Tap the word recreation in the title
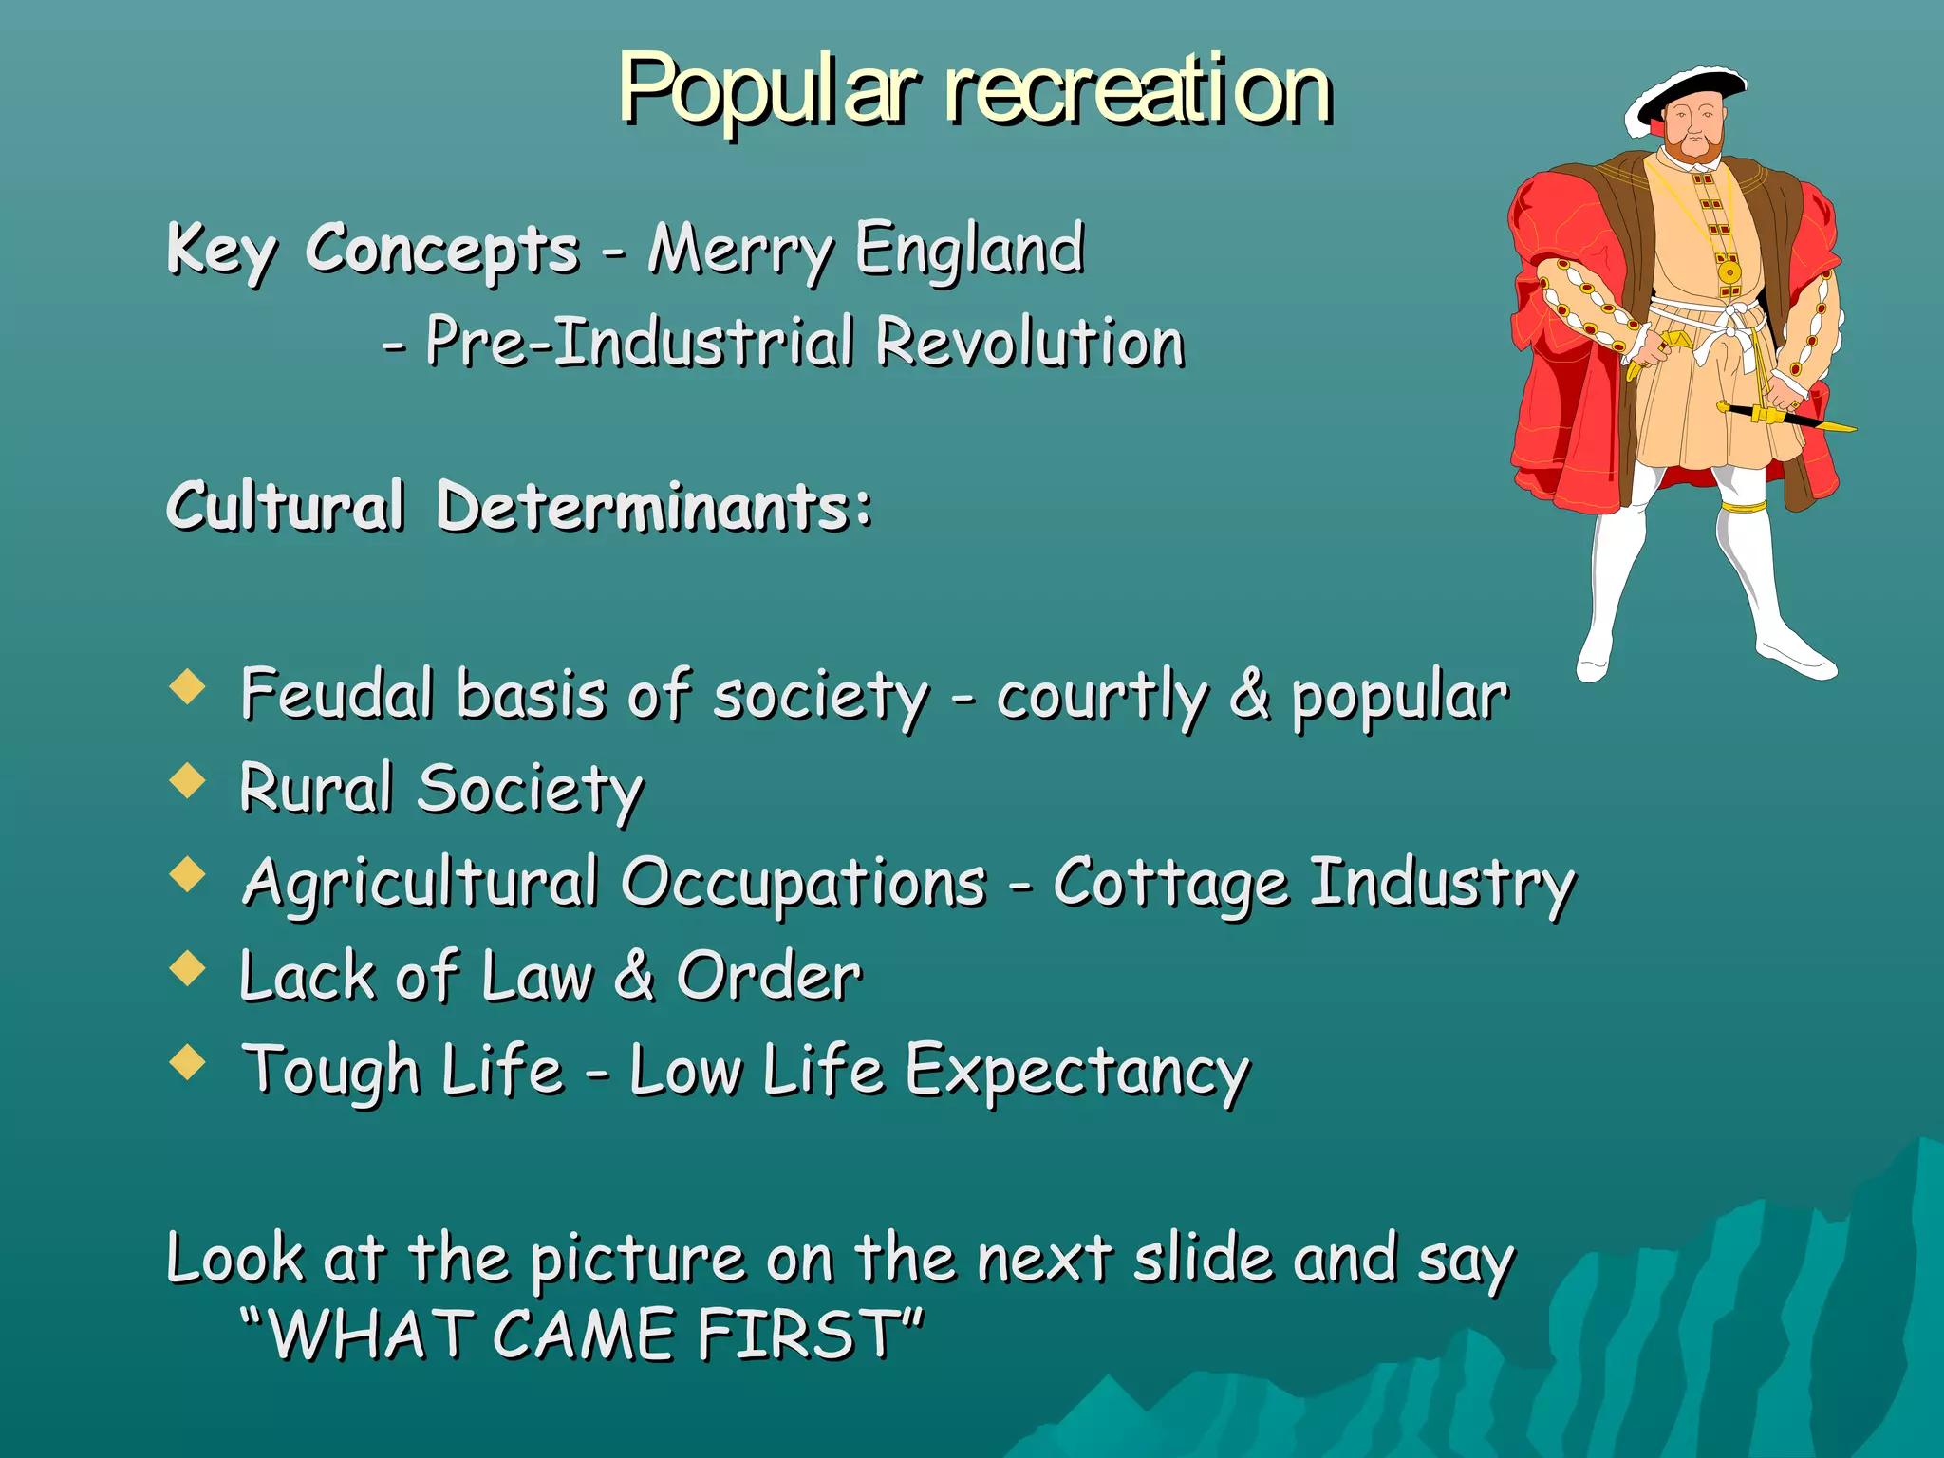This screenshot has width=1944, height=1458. pyautogui.click(x=1139, y=90)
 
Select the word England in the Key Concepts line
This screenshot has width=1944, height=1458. pyautogui.click(x=969, y=249)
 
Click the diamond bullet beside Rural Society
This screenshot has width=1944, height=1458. pyautogui.click(x=188, y=780)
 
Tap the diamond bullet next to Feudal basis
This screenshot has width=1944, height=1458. pyautogui.click(x=188, y=686)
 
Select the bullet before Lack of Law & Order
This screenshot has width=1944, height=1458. pyautogui.click(x=188, y=968)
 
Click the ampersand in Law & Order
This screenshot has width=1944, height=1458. pyautogui.click(x=635, y=976)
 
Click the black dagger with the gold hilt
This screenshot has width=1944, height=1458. pyautogui.click(x=1785, y=417)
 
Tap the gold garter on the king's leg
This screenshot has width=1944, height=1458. pyautogui.click(x=1745, y=506)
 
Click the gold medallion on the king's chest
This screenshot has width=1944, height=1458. pyautogui.click(x=1729, y=273)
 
